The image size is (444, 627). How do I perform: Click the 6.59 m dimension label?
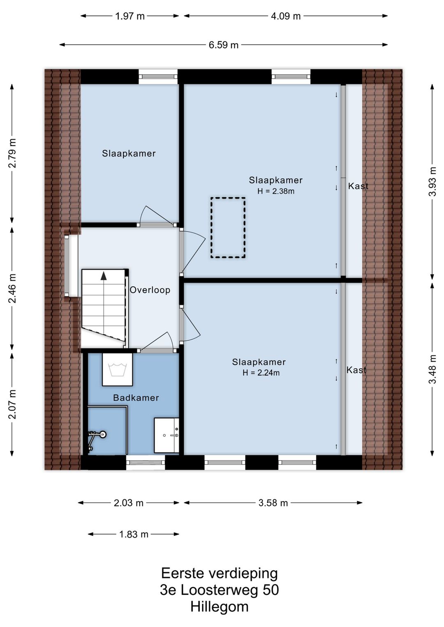[223, 45]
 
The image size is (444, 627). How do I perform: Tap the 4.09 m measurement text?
[285, 16]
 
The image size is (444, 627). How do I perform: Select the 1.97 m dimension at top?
[129, 16]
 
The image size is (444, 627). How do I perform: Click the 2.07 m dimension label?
[12, 404]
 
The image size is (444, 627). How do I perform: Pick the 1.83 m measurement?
[134, 535]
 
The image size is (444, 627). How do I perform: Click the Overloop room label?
[150, 290]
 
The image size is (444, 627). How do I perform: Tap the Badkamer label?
[136, 398]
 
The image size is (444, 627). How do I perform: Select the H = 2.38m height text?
[276, 191]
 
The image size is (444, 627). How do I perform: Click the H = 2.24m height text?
[261, 373]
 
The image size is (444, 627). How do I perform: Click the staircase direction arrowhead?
[104, 275]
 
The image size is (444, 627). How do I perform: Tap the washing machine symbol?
[117, 369]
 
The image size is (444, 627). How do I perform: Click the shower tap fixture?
[96, 435]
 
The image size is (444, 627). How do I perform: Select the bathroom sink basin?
[166, 435]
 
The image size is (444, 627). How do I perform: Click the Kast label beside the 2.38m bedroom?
[358, 186]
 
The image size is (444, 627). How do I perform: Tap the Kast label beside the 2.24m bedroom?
[356, 370]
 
